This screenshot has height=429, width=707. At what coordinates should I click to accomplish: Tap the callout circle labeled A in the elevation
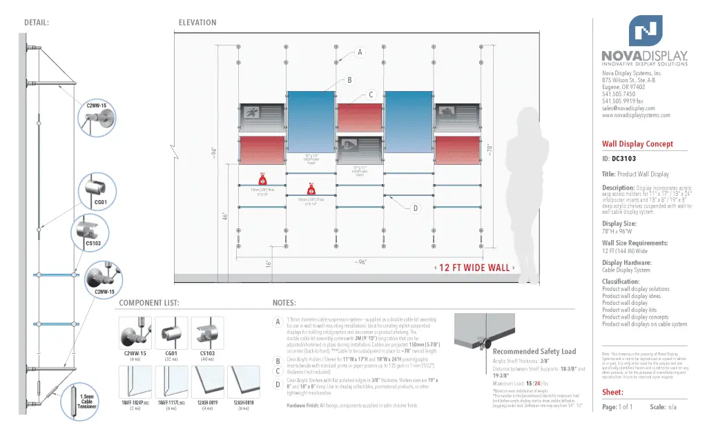point(359,52)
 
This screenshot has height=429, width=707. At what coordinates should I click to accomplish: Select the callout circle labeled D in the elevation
point(416,208)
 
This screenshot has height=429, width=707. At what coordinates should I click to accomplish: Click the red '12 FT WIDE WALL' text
point(475,268)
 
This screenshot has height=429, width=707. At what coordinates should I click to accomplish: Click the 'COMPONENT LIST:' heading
point(149,303)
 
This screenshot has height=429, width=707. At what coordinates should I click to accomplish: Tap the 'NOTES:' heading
point(284,303)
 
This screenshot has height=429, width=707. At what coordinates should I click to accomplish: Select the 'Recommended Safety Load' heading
point(534,352)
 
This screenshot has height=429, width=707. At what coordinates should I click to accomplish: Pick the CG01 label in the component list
point(172,353)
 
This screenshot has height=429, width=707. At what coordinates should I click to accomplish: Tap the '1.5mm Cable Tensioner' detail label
point(87,401)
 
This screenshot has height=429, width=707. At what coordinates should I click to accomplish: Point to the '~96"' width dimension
point(360,262)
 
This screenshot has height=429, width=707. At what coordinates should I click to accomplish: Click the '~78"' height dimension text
point(490,150)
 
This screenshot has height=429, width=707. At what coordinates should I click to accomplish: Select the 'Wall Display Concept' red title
point(637,144)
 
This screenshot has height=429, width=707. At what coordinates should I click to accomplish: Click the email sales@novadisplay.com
point(628,108)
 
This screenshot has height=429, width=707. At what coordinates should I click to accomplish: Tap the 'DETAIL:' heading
point(37,23)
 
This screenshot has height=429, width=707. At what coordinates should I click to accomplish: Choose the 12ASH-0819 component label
point(207,403)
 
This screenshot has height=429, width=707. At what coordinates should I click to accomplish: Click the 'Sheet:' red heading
point(613,392)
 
